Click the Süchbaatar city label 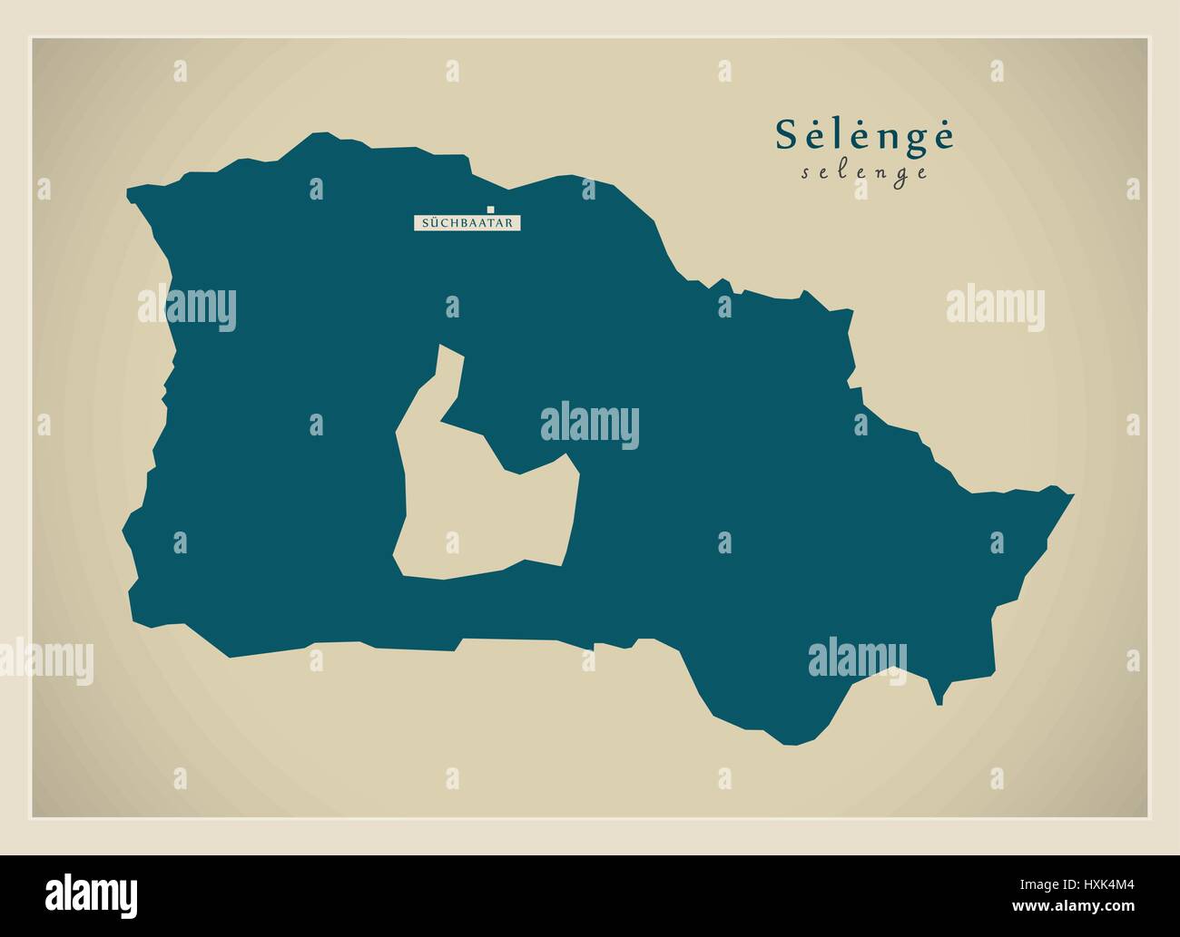click(467, 222)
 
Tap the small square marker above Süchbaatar click(490, 210)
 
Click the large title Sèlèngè click(864, 135)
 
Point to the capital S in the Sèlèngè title click(786, 135)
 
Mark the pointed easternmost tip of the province click(1072, 495)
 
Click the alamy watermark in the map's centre click(589, 426)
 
